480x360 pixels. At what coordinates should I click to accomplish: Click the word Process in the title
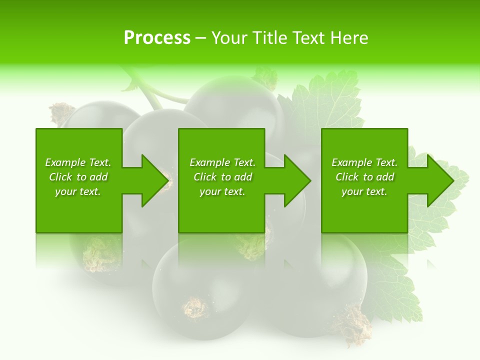157,37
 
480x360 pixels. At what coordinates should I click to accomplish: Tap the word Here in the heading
348,37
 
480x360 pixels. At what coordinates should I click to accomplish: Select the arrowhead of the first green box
153,180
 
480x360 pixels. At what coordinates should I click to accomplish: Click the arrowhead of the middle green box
295,180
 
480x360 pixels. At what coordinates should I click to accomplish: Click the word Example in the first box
65,162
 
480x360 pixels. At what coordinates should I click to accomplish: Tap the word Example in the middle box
209,162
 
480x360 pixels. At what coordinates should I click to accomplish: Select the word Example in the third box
351,162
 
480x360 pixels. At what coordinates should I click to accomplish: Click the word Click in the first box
60,177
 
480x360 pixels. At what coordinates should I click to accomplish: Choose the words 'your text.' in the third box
364,191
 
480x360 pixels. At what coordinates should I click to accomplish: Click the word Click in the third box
347,177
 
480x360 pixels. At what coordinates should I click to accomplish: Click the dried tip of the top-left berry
61,112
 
